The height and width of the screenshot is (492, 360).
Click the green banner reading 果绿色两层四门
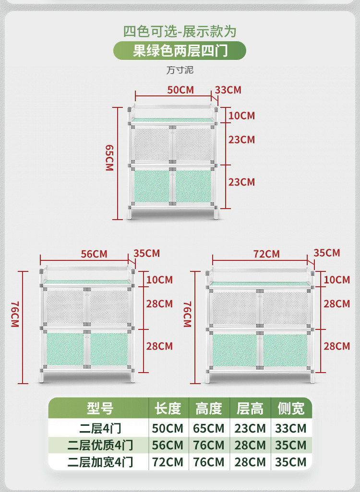click(x=180, y=50)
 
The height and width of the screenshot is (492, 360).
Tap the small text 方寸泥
click(x=180, y=70)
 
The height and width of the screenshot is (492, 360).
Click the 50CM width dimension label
click(x=180, y=90)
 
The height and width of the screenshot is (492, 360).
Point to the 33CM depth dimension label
click(x=228, y=90)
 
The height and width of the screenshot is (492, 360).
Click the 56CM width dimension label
click(x=94, y=254)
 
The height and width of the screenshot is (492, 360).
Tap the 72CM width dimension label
click(x=266, y=254)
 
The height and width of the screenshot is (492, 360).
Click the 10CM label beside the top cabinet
click(x=241, y=116)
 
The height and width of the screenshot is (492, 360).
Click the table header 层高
click(x=250, y=409)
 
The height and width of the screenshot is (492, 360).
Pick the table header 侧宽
click(x=290, y=409)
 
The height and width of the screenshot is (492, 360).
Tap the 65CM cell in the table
click(x=209, y=428)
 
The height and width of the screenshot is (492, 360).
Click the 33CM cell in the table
click(x=291, y=428)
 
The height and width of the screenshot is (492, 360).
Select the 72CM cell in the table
click(x=168, y=462)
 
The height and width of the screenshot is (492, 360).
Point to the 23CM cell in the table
click(x=250, y=428)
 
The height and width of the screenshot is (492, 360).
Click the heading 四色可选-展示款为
click(x=180, y=32)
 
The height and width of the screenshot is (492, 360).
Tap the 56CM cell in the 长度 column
click(x=168, y=445)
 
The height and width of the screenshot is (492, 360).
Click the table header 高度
click(x=209, y=409)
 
